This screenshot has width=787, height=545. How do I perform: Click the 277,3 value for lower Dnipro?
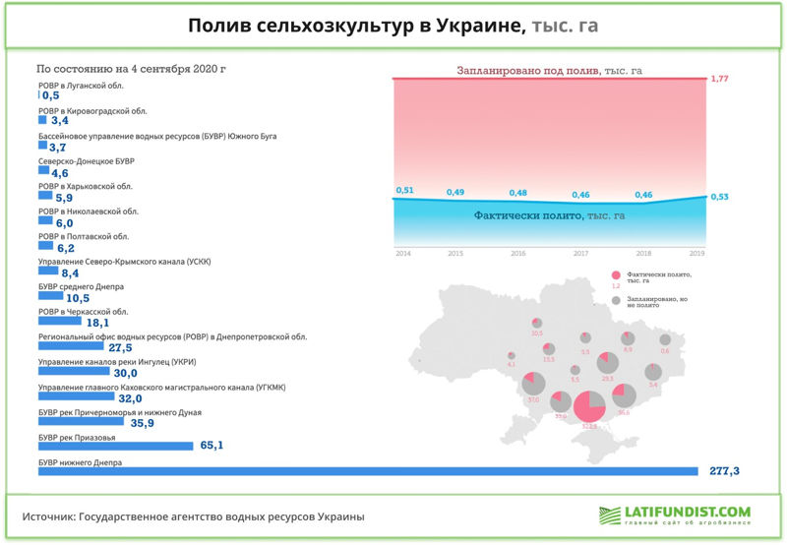(x=724, y=472)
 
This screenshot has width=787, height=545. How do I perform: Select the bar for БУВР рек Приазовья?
(x=115, y=446)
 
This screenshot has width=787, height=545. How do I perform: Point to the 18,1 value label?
(x=98, y=323)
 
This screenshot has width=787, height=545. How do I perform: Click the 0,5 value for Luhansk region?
(x=51, y=96)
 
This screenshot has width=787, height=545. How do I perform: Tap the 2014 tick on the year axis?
(x=403, y=253)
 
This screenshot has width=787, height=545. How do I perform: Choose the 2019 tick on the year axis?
(x=696, y=253)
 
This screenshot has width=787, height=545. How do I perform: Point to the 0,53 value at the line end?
(x=720, y=197)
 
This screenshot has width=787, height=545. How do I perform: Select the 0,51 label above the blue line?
(x=404, y=190)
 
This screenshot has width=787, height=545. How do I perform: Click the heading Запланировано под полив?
(x=550, y=71)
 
